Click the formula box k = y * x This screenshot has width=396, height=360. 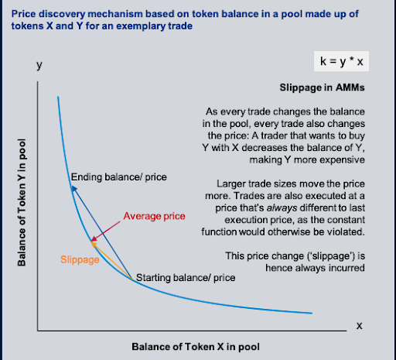[341, 61]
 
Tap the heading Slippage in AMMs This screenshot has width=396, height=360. [322, 87]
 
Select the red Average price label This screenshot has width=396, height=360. [154, 216]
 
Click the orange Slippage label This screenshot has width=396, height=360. [80, 259]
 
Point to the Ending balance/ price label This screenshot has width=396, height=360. [119, 177]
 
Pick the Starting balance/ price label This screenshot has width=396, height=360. [186, 278]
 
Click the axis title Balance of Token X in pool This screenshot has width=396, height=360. [196, 347]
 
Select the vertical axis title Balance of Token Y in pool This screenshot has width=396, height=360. [22, 203]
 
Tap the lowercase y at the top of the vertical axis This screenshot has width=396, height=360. [39, 65]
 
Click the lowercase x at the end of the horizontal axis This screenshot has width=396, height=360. [359, 326]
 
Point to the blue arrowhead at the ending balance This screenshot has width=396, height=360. [74, 188]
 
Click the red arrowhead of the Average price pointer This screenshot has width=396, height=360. [94, 238]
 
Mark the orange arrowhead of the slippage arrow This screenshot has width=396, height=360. [94, 244]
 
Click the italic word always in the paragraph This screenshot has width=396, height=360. [282, 207]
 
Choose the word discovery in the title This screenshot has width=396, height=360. [62, 14]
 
